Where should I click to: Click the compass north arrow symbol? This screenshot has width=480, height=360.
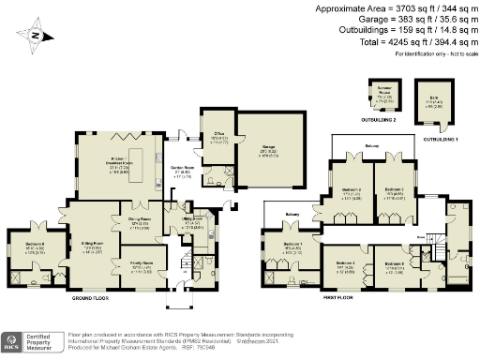36,37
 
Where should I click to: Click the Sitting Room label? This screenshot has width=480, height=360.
90,245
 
